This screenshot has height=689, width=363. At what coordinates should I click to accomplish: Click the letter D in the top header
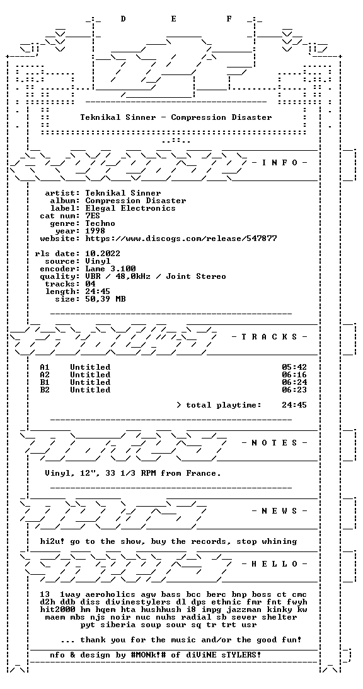coord(123,19)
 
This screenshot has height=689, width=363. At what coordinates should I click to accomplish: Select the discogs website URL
coord(181,238)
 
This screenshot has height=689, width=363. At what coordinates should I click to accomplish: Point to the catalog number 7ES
coord(93,216)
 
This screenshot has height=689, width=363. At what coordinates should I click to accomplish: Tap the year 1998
coord(95,231)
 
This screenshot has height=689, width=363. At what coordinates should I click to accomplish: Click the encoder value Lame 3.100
coord(110,269)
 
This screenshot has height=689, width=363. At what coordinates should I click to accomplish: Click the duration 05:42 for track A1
coord(294,367)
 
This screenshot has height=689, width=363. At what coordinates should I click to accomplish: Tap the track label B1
coord(45,382)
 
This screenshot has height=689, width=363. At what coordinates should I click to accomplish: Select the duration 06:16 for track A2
coord(294,375)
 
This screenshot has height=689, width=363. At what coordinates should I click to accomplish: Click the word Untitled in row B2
coord(90,390)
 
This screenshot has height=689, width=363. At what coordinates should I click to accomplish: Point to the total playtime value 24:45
coord(294,405)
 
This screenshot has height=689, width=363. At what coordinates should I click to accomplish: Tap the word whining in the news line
coord(279,541)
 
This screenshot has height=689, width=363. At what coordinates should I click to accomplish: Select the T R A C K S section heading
coord(269,337)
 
